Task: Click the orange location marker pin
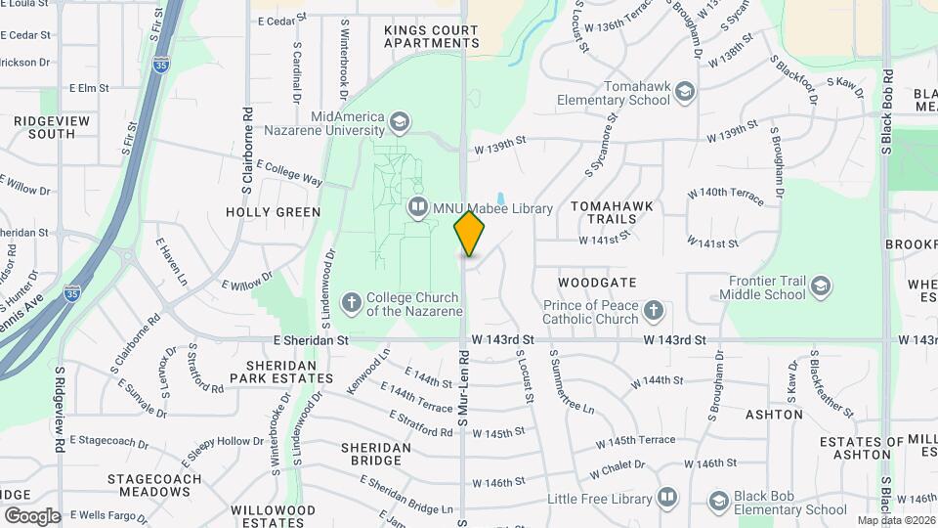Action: (470, 233)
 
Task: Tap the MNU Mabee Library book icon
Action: (418, 208)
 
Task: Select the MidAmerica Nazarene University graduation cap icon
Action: (398, 122)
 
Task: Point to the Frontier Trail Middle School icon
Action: (821, 286)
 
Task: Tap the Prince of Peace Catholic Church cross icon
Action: (654, 312)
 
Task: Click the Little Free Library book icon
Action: (667, 498)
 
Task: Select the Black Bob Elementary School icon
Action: (718, 503)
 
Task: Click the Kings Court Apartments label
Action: (432, 36)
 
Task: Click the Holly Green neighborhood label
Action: (274, 211)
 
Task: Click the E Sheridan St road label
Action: (310, 340)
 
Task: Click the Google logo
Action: (31, 515)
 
